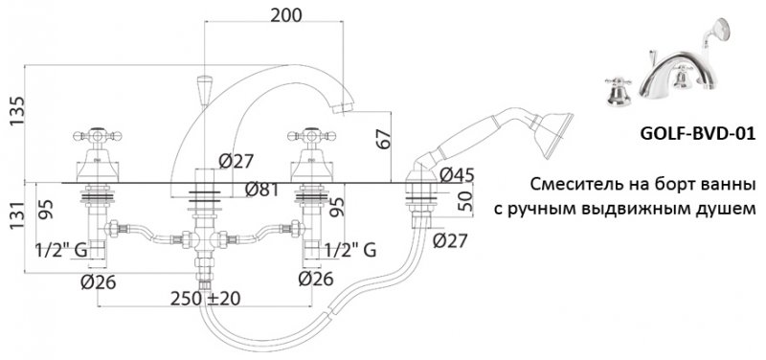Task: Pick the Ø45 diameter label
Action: [455, 174]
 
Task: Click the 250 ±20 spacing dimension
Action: [206, 299]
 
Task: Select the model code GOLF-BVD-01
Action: [688, 135]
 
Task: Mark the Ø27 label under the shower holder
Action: [450, 241]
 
